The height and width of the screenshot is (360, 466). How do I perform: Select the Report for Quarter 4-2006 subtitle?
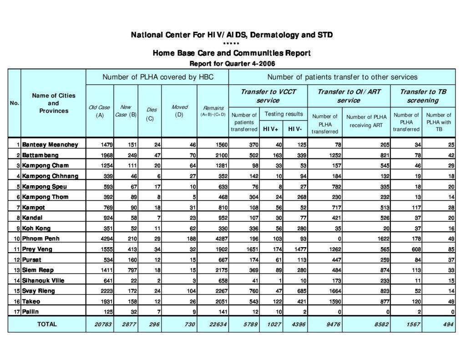coord(232,63)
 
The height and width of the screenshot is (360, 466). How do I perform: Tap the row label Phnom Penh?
coord(41,238)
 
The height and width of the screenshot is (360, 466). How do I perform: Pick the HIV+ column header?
coord(271,129)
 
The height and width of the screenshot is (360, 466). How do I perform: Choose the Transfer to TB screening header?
coord(423,96)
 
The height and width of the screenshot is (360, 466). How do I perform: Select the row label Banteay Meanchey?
coord(50,144)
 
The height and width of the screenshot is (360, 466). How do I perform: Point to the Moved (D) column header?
coord(179,111)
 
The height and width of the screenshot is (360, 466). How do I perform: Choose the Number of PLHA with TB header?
coord(439,122)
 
